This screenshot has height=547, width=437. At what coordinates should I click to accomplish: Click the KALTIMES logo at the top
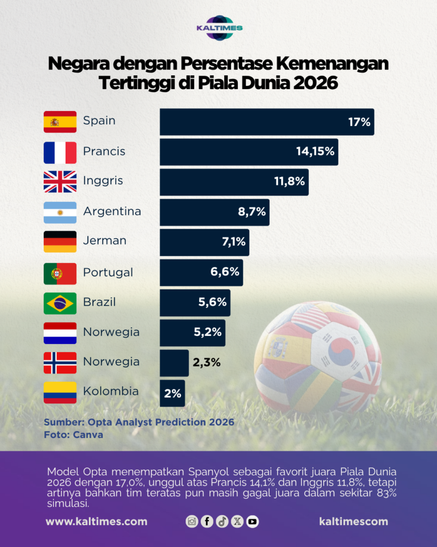219,27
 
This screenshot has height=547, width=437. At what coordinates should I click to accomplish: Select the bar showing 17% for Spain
267,122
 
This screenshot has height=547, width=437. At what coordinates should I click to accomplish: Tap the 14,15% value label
315,152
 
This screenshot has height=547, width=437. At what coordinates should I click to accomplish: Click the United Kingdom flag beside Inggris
60,182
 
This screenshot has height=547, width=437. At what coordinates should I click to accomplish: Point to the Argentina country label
112,212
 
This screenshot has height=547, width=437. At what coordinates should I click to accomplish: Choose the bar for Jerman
204,242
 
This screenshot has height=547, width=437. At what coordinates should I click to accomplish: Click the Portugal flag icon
60,273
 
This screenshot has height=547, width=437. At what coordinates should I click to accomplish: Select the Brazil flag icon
60,303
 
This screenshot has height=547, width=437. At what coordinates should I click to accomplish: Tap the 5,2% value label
208,333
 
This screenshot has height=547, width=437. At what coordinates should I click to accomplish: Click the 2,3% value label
207,363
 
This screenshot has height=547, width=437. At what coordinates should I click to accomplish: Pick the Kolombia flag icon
60,393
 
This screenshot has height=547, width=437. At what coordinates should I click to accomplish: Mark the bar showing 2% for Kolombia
172,393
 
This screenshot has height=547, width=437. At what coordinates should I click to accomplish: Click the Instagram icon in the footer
192,521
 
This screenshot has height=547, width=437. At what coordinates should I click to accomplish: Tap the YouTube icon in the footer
252,521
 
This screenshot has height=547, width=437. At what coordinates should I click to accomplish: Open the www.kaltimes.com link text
97,521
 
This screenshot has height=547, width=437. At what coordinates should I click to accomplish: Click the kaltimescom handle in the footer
353,521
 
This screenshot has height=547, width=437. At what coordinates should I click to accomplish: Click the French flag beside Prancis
60,152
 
